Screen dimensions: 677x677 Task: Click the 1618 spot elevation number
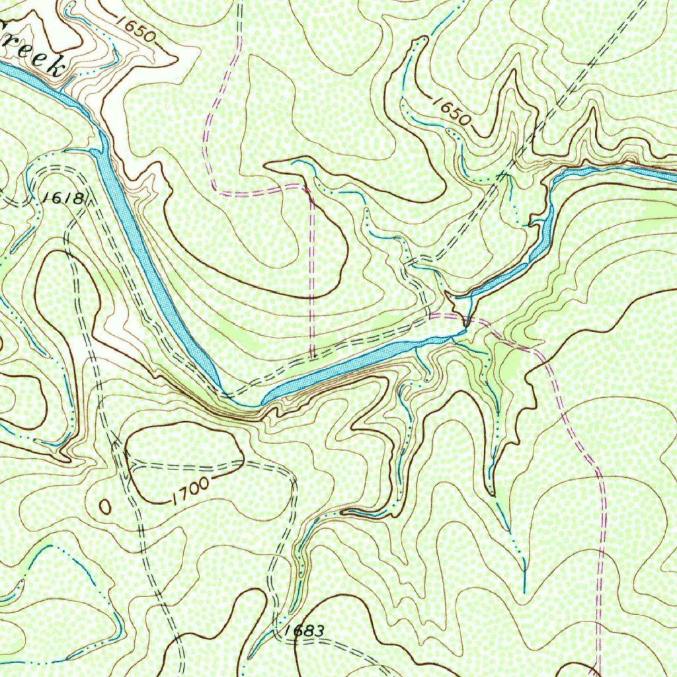(63, 198)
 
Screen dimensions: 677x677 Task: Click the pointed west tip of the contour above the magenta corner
(265, 165)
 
